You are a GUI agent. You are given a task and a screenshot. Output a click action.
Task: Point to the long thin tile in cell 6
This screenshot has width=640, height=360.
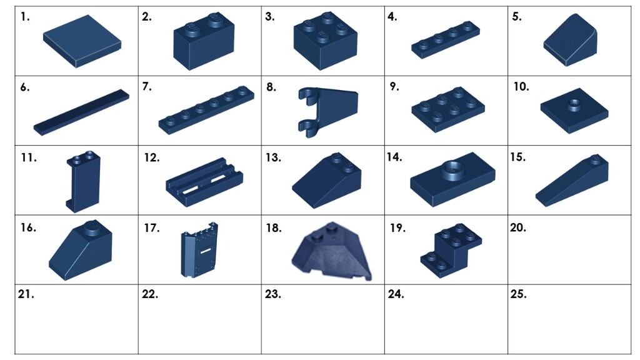point(81,112)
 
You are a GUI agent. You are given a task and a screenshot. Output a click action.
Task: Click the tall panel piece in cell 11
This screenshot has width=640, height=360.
point(82,181)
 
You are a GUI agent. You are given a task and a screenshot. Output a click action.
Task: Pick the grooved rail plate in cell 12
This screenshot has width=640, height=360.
point(203,181)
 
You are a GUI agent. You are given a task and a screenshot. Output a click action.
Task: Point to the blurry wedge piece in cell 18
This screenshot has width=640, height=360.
point(331,252)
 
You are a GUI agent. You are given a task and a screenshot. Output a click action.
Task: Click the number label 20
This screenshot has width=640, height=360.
point(518,228)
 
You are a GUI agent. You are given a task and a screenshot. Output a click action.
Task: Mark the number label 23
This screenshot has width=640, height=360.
point(272,294)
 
